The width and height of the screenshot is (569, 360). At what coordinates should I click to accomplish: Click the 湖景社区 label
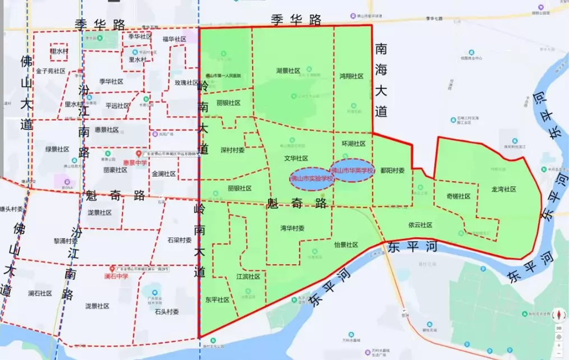(288, 71)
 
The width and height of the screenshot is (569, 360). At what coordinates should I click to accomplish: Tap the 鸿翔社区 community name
(351, 76)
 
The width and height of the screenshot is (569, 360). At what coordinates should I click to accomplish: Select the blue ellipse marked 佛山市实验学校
(312, 179)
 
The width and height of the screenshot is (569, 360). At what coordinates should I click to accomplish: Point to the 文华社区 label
(296, 159)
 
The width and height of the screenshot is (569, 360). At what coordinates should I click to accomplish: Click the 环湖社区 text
(354, 144)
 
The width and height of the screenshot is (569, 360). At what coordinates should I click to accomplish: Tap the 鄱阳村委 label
(392, 170)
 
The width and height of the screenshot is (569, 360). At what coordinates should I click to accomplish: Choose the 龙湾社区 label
(503, 190)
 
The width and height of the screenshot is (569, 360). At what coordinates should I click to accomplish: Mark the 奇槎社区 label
(459, 196)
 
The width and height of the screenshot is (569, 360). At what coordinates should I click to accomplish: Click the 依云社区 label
(420, 225)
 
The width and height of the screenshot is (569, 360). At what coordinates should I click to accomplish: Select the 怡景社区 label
(346, 245)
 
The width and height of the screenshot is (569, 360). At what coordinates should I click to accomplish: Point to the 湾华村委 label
(292, 228)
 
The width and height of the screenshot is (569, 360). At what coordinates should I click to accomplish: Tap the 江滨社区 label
(248, 276)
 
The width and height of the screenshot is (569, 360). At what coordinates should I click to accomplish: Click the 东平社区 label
(218, 300)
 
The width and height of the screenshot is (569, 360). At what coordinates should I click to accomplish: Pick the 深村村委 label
(232, 150)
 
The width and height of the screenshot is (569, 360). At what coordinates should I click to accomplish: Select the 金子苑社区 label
(50, 72)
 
